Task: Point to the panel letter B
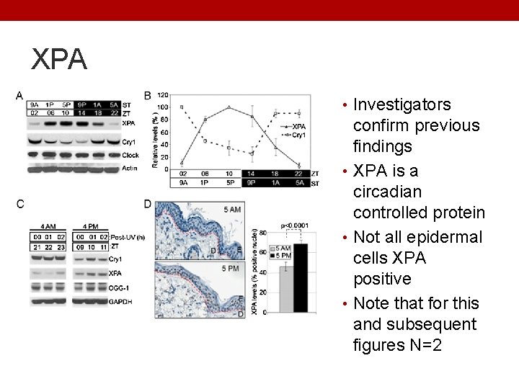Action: point(147,95)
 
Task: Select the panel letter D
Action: point(147,205)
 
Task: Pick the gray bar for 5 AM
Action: point(286,289)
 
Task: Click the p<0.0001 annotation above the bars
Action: point(295,225)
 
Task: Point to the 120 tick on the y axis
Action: point(163,95)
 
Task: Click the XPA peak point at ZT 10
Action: point(229,108)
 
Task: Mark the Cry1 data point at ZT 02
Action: point(182,107)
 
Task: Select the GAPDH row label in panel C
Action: point(119,303)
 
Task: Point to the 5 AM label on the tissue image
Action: point(232,210)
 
